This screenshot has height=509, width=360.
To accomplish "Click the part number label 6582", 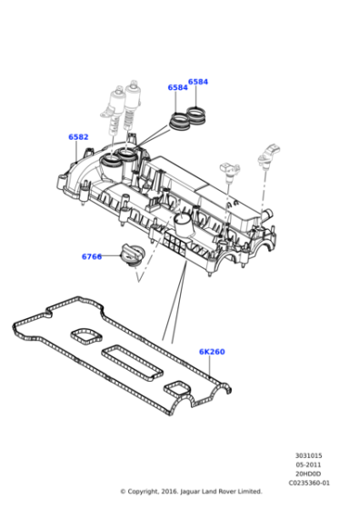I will click(78, 137).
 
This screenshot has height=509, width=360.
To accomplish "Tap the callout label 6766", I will click(92, 256).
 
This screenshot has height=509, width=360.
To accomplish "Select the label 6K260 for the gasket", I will click(212, 352).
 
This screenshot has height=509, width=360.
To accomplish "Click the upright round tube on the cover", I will click(185, 224).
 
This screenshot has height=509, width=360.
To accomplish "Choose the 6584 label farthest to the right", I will click(198, 82).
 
